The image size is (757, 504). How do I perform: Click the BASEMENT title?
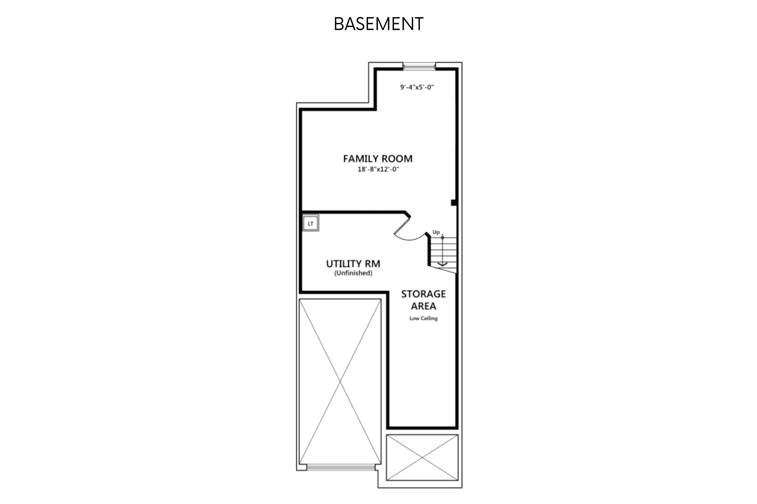[378, 24]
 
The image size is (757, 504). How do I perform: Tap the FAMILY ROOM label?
[378, 159]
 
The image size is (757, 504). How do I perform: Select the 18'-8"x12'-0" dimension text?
[378, 169]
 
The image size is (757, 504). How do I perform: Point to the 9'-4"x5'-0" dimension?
[417, 87]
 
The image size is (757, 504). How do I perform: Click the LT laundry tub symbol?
[310, 223]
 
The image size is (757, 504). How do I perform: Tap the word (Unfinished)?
[353, 273]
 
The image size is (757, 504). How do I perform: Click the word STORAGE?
[423, 294]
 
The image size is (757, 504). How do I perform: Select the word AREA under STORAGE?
[423, 306]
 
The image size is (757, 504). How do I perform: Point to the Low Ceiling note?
[423, 318]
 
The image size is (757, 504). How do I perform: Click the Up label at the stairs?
[436, 232]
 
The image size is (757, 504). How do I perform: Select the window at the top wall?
[419, 67]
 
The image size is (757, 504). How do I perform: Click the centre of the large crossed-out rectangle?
[340, 382]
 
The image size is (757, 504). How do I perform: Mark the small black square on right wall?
[453, 202]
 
